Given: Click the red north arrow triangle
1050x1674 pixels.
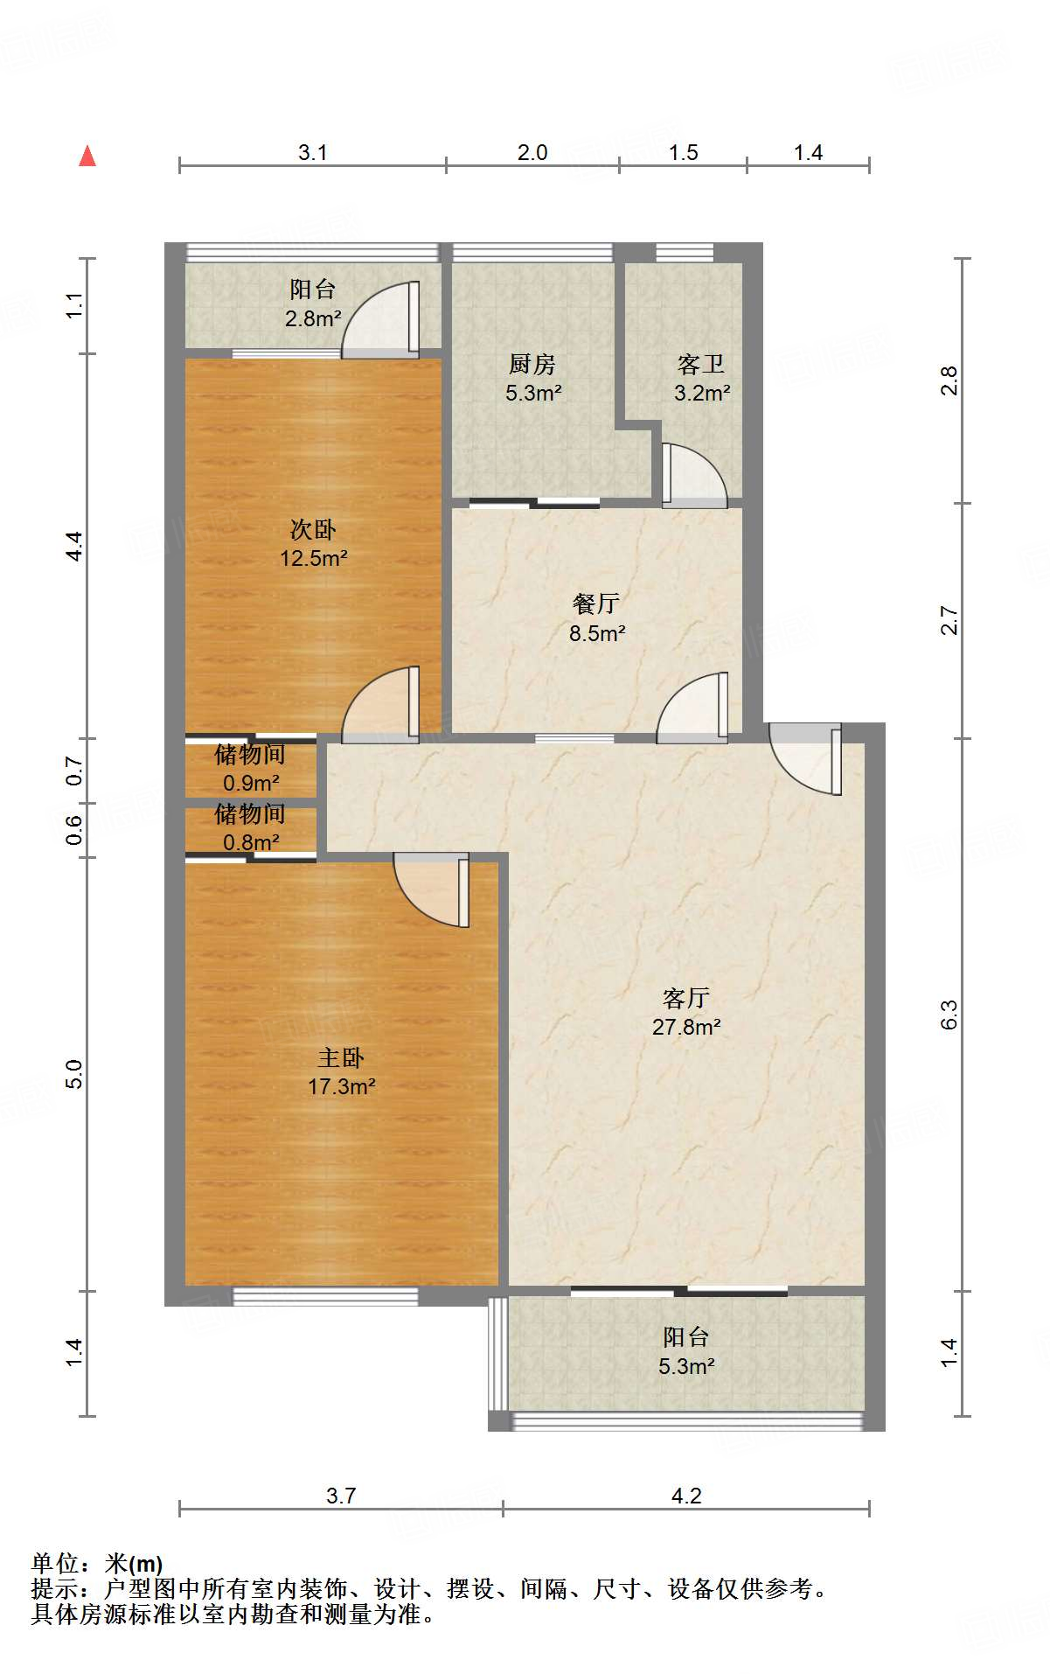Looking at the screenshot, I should [87, 157].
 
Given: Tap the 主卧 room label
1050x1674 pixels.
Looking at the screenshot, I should [340, 1058].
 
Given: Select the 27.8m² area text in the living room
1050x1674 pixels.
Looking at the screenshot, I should [686, 1028].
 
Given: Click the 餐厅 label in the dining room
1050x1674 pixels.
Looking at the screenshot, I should [596, 603].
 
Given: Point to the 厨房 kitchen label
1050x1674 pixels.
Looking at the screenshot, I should [532, 364].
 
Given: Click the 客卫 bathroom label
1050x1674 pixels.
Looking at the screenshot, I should [701, 364].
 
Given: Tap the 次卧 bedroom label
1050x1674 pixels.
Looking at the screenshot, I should [313, 529].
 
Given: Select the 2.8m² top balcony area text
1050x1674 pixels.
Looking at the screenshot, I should [312, 318].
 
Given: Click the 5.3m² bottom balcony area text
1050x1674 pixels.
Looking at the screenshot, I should [686, 1366].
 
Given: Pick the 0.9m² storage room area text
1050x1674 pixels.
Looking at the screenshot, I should [251, 783].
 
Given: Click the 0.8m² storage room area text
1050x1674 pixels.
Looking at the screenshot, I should [251, 842].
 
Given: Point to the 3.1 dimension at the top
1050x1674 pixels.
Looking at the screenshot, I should [312, 153].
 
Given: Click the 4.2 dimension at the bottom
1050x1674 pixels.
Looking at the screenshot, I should [686, 1496].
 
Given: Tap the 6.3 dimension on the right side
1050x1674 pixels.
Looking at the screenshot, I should [949, 1015].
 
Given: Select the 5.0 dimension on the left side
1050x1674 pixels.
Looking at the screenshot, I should [74, 1073].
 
